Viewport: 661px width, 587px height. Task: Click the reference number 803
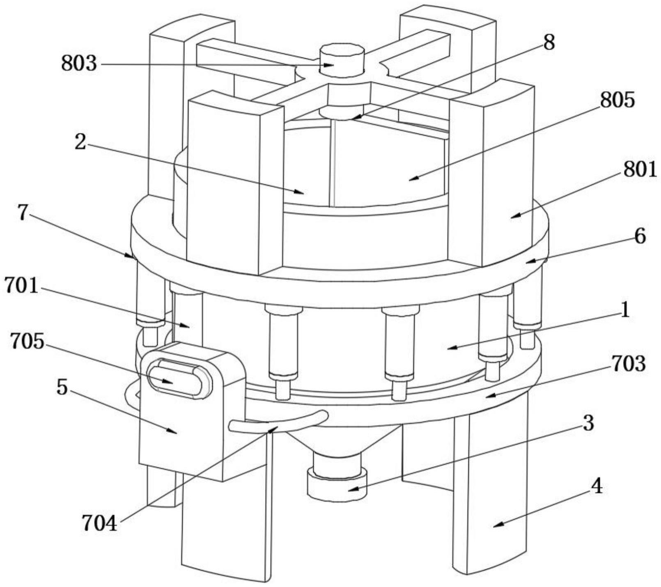79,64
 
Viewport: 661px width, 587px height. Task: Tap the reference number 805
617,100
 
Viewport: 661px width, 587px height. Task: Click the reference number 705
27,341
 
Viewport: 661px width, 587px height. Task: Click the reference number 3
588,423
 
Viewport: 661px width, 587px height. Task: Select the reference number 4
597,486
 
